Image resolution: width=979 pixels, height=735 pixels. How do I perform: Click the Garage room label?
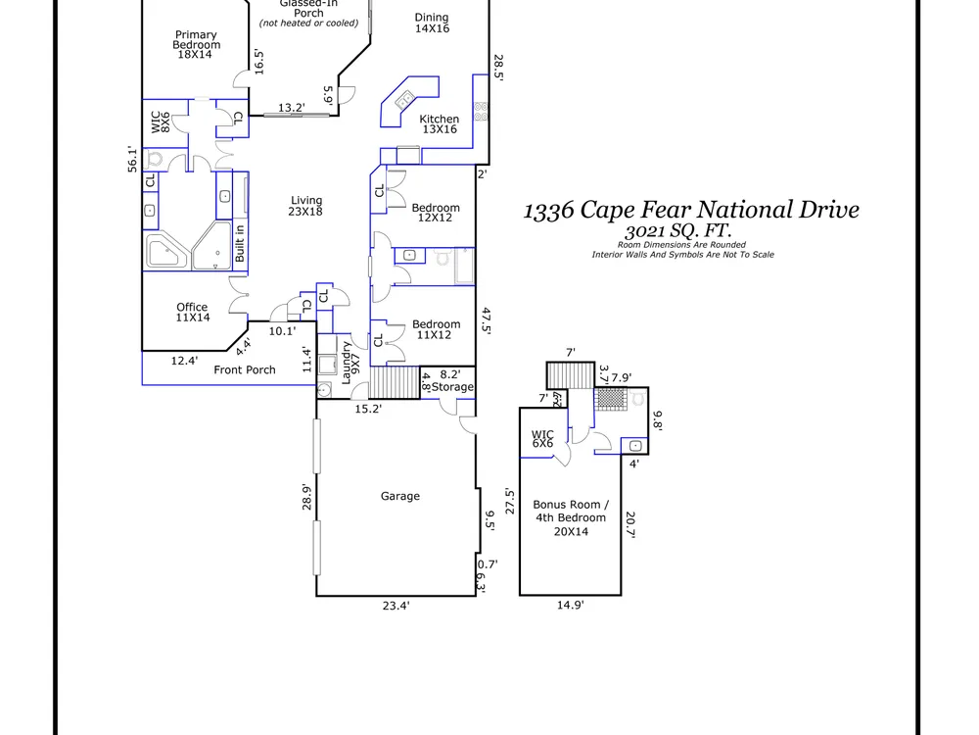pos(400,496)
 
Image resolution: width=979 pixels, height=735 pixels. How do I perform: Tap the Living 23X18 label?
pos(305,206)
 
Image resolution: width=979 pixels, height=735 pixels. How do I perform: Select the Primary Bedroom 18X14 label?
pos(196,44)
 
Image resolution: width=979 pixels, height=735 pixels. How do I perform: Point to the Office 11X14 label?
pos(192,312)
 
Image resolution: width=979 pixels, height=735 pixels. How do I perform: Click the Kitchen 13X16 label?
pos(439,123)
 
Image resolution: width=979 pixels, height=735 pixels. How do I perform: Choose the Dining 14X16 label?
pos(432,23)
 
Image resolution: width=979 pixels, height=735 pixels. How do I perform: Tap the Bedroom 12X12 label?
pos(436,213)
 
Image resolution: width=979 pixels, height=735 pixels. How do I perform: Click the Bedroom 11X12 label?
pos(436,329)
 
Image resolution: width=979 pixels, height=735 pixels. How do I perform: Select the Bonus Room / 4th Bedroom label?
pos(571,517)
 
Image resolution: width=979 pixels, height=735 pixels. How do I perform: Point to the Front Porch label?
pos(245,370)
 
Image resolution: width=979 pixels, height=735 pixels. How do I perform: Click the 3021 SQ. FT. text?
pos(678,230)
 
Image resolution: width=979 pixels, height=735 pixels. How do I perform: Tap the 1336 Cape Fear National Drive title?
pos(691,210)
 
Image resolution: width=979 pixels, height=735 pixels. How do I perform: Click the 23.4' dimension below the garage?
pos(396,605)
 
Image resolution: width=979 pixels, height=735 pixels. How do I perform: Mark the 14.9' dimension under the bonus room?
pos(570,605)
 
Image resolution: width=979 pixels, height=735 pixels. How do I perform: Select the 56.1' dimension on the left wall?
pos(132,160)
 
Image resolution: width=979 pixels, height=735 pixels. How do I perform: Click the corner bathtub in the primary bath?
pos(166,250)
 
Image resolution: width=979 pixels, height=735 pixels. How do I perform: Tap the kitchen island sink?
pos(404,99)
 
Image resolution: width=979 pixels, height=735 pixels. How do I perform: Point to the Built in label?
pos(240,243)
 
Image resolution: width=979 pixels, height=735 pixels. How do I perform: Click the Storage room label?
pos(452,387)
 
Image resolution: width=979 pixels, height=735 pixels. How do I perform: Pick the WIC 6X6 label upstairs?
pos(542,439)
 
